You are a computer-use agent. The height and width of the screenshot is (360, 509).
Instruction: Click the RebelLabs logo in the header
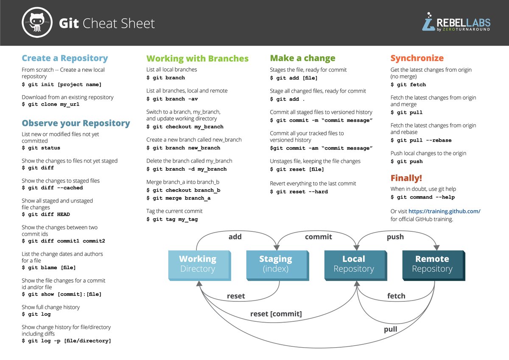click(456, 22)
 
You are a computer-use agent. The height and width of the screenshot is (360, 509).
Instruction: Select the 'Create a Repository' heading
click(65, 58)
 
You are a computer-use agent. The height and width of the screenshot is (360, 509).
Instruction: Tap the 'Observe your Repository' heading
click(76, 123)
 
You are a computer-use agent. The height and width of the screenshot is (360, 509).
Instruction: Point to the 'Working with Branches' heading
click(197, 59)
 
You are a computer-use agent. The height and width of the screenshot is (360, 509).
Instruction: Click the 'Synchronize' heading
click(417, 58)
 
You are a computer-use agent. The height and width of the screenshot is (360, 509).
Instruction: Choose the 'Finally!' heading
click(406, 178)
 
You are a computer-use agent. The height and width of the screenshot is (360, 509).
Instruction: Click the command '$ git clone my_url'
click(50, 104)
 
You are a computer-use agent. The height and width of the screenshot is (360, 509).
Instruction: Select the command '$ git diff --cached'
click(52, 188)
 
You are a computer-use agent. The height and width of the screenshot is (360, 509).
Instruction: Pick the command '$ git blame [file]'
click(49, 267)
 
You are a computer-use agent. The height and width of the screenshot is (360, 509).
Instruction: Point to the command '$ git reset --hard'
click(299, 191)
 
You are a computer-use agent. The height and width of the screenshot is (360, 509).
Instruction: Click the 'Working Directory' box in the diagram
click(198, 264)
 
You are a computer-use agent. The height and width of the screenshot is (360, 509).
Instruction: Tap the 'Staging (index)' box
click(276, 264)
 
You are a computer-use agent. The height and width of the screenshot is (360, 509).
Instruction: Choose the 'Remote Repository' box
click(432, 264)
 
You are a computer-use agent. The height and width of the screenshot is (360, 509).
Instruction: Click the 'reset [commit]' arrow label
click(276, 314)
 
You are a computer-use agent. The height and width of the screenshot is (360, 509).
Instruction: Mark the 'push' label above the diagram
click(395, 237)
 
